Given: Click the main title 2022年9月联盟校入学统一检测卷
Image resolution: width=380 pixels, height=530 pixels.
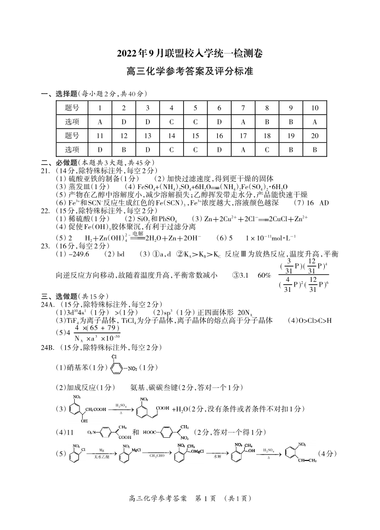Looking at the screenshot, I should pos(189,53).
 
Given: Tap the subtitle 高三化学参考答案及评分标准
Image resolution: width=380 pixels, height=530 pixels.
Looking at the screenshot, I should pos(189,72).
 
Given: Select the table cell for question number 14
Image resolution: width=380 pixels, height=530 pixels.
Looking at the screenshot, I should pos(171,135).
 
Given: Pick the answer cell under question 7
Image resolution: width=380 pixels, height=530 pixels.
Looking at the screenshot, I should pos(243,122).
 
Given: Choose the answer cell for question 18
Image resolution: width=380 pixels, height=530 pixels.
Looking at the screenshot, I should pos(267,149).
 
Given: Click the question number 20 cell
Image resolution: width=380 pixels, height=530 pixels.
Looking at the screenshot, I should pos(315,135).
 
